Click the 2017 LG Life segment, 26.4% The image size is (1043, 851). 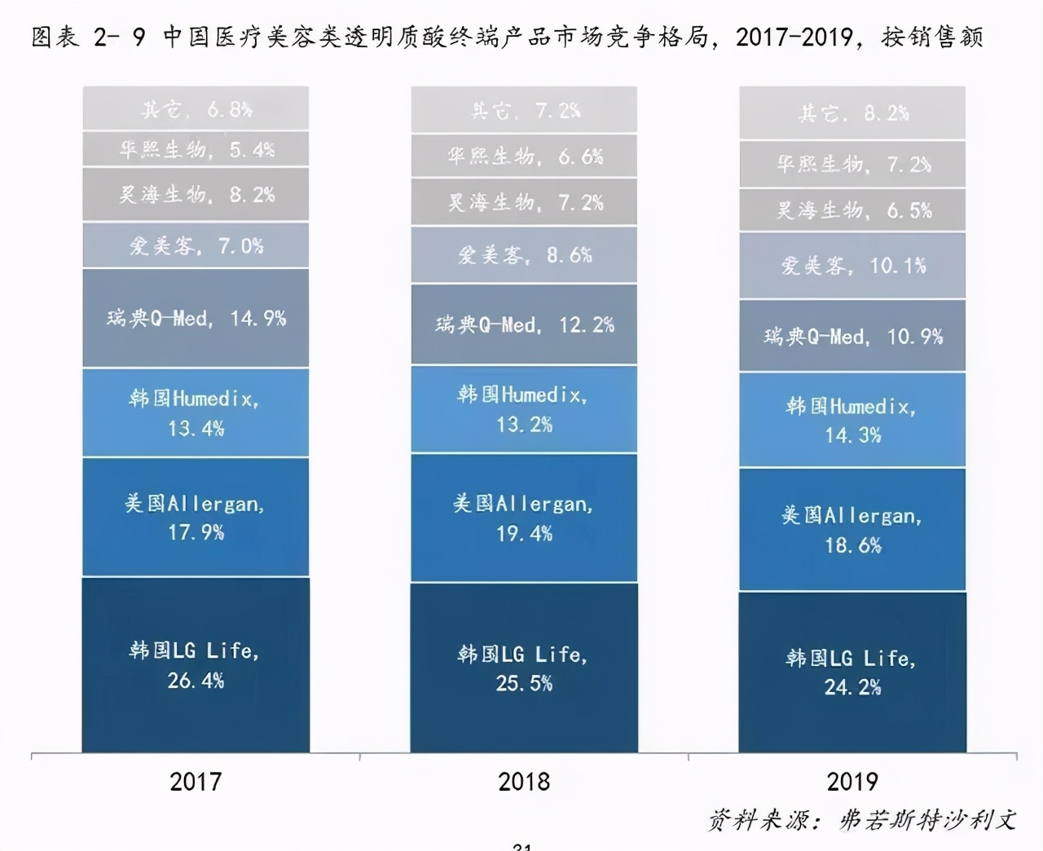click(x=196, y=664)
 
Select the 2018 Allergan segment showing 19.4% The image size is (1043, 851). click(x=524, y=518)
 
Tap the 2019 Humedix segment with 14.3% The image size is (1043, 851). click(x=852, y=420)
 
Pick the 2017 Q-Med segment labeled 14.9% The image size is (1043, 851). click(x=196, y=318)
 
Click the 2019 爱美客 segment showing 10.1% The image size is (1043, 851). click(x=852, y=266)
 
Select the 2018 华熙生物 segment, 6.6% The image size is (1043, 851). click(x=524, y=156)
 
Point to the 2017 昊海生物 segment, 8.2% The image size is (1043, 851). click(x=196, y=195)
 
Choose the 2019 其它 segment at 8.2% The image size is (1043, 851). click(x=852, y=112)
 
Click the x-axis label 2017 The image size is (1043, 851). click(x=196, y=782)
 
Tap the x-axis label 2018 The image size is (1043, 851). click(x=524, y=782)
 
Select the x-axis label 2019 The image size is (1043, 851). click(x=852, y=782)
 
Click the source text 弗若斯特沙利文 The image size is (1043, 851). click(x=927, y=819)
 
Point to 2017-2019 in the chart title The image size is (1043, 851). click(x=794, y=37)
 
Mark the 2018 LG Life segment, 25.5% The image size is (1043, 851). click(x=524, y=668)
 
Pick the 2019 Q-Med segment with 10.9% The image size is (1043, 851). click(x=852, y=336)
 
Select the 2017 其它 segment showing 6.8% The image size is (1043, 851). click(x=196, y=108)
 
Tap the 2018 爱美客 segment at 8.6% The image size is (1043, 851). click(x=524, y=255)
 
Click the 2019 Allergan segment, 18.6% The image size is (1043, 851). click(x=852, y=530)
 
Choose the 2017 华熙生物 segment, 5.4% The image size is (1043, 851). click(x=196, y=149)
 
